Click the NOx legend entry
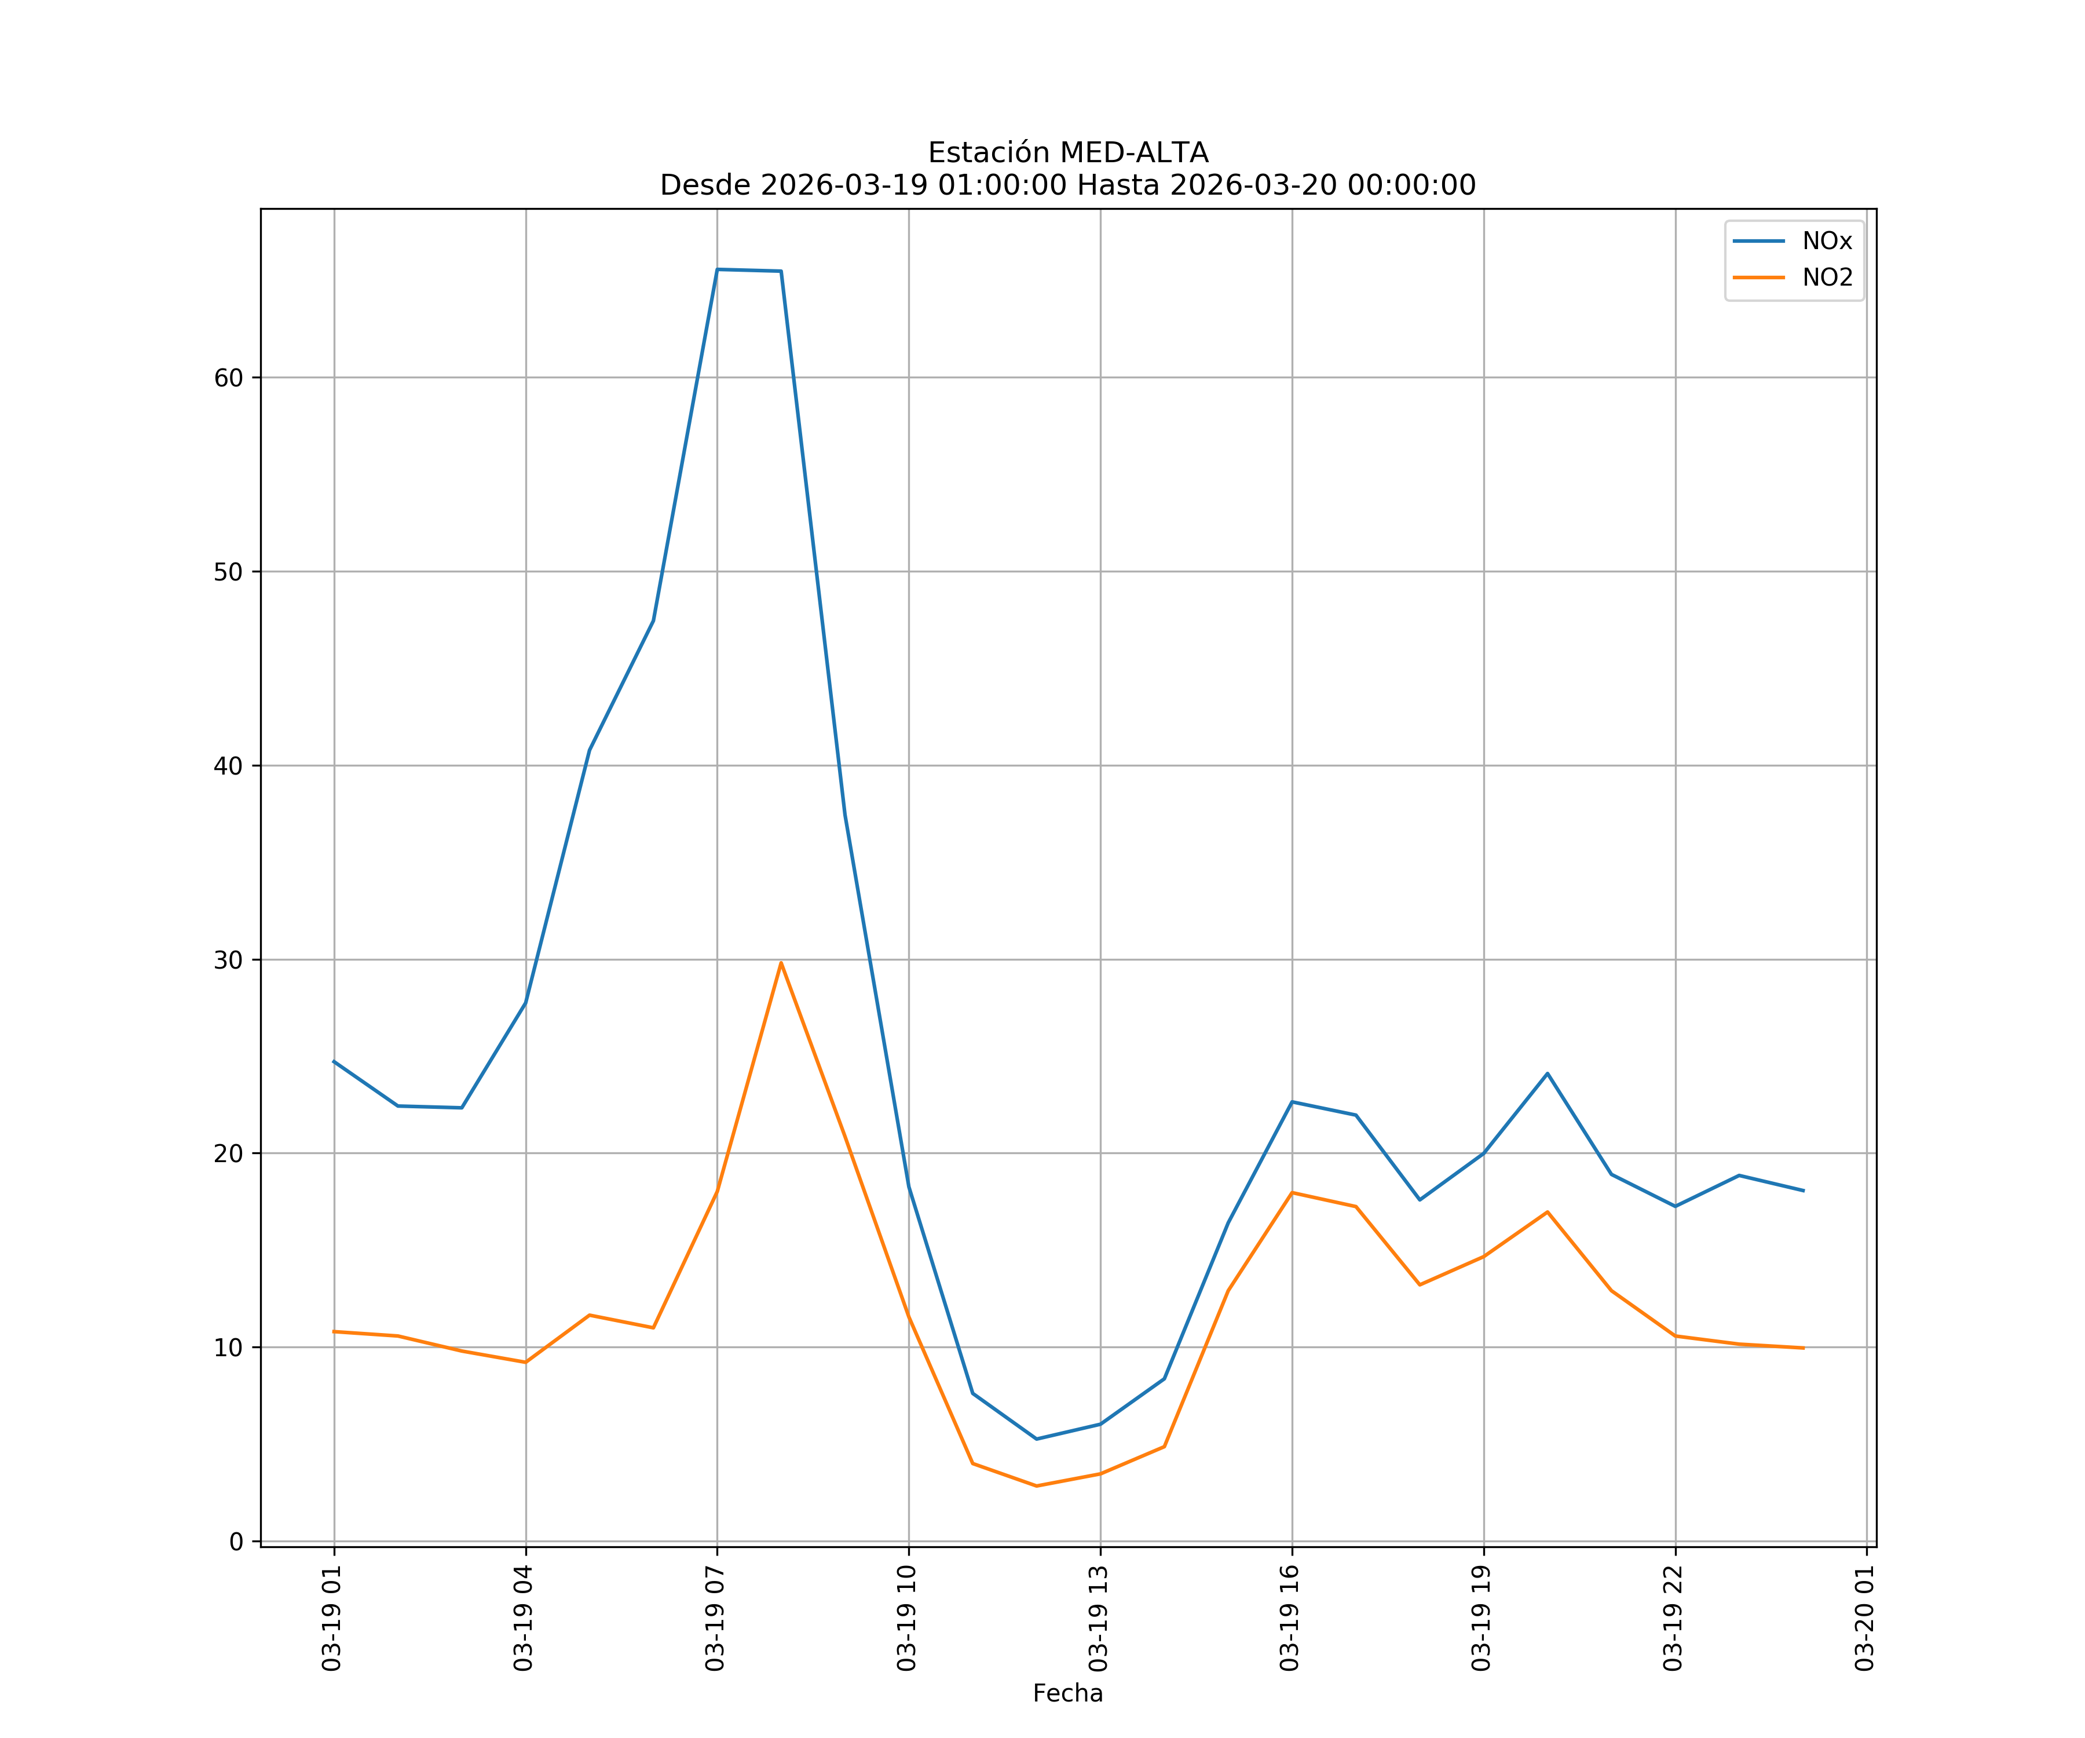[x=1826, y=242]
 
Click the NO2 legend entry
[x=1827, y=278]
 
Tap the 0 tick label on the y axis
[x=236, y=1542]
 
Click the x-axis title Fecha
[x=1067, y=1693]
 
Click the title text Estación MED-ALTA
[x=1067, y=153]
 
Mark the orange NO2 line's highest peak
[x=781, y=962]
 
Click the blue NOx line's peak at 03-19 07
[x=717, y=269]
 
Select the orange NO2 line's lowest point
[x=1037, y=1486]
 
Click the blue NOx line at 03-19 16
[x=1292, y=1101]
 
